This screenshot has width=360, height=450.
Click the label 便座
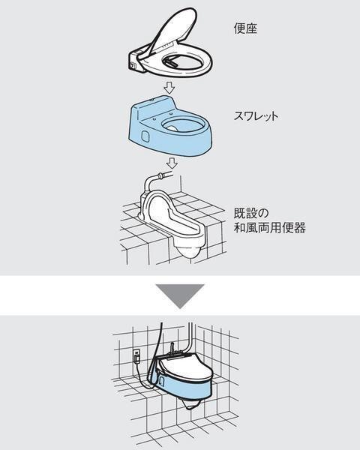pyautogui.click(x=245, y=28)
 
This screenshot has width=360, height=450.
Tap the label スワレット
pyautogui.click(x=256, y=116)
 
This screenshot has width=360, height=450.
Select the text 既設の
pyautogui.click(x=251, y=214)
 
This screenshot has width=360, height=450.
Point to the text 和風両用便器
pyautogui.click(x=269, y=228)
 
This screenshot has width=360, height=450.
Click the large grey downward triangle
pyautogui.click(x=180, y=295)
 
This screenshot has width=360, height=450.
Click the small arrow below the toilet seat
pyautogui.click(x=170, y=88)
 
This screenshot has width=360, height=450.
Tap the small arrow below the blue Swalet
pyautogui.click(x=172, y=163)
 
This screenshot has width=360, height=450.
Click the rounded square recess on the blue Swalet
pyautogui.click(x=145, y=136)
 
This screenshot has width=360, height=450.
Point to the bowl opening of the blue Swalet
pyautogui.click(x=183, y=125)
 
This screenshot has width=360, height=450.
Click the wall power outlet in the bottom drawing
pyautogui.click(x=136, y=355)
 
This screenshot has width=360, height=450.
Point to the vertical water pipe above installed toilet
pyautogui.click(x=191, y=336)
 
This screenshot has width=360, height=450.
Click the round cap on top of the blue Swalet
pyautogui.click(x=151, y=100)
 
